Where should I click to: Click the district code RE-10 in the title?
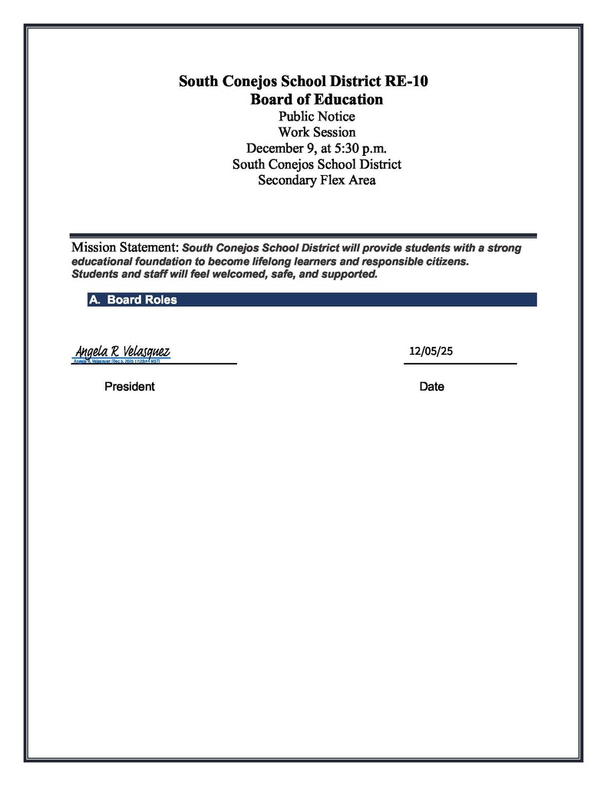point(404,81)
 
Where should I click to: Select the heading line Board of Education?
point(316,99)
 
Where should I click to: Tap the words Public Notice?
point(316,117)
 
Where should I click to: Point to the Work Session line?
point(316,132)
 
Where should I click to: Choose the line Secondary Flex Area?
point(316,180)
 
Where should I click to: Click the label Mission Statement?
point(124,248)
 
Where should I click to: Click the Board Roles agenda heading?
point(142,300)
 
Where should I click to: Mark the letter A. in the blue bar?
point(94,300)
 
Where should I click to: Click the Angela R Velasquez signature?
point(122,352)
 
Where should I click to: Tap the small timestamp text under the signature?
point(117,360)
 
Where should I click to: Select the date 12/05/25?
point(431,351)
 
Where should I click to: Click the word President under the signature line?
point(129,387)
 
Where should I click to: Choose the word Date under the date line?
point(431,387)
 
